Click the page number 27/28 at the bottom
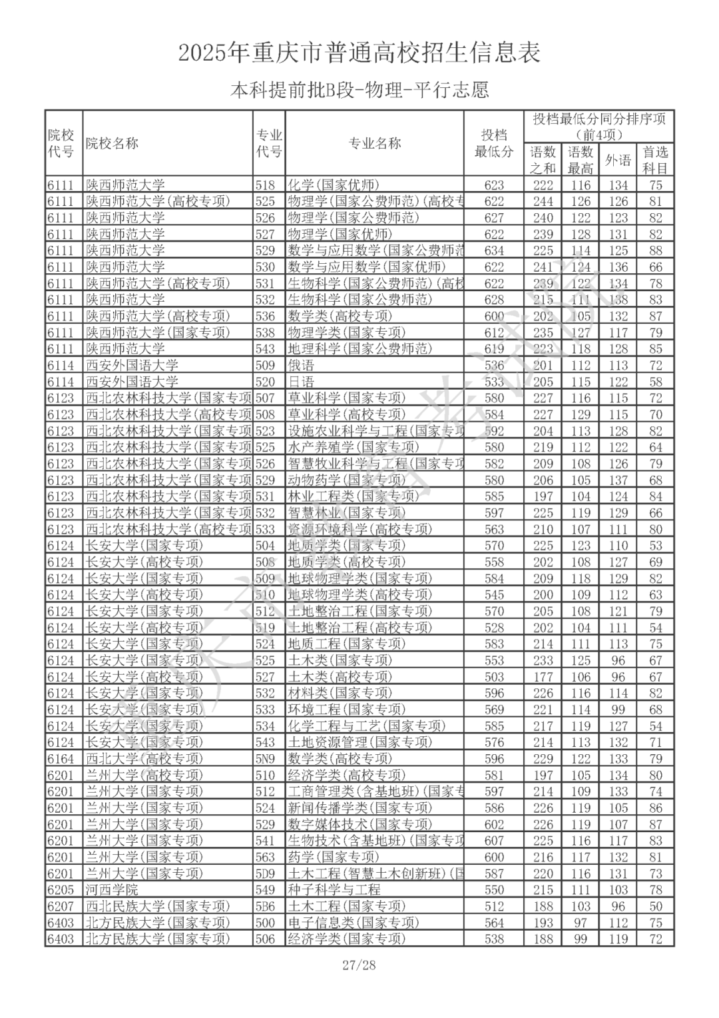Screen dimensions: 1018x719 coord(359,965)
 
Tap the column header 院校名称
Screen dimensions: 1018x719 coord(112,143)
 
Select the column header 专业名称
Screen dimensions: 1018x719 coord(375,143)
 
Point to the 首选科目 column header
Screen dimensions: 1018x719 coord(655,160)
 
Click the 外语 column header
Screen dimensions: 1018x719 coord(618,160)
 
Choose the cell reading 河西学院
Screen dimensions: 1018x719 coord(112,889)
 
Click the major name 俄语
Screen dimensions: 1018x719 coord(300,365)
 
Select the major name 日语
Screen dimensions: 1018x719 coord(300,382)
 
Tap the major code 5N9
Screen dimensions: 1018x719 coord(265,758)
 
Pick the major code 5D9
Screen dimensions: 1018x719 coord(265,873)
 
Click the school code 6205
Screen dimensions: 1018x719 coord(61,889)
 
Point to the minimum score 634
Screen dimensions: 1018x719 coord(494,251)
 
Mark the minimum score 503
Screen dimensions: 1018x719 coord(494,677)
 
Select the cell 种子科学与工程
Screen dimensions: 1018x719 coord(334,889)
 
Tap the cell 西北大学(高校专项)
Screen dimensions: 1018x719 coord(144,758)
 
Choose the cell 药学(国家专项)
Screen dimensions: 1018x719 coord(333,857)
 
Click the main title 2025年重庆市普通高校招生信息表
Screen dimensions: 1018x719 coord(359,53)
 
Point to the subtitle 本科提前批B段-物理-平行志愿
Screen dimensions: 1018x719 coord(359,89)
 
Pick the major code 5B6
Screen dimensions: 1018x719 coord(265,906)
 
